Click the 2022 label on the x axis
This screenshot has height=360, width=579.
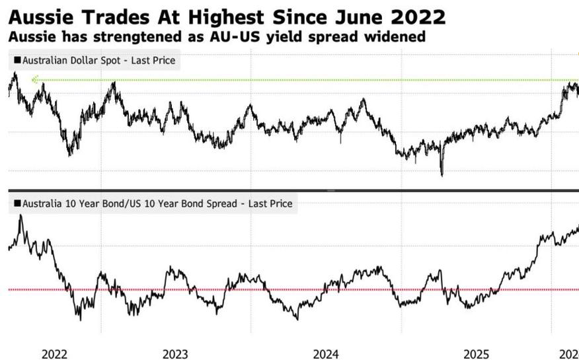click(55, 354)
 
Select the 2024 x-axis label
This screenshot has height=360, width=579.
click(327, 354)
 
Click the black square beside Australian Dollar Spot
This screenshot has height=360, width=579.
click(17, 60)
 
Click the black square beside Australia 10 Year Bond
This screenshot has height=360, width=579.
click(17, 203)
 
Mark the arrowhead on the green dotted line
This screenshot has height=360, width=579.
click(35, 80)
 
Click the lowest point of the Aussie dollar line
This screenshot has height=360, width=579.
click(442, 175)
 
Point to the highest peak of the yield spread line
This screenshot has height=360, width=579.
click(20, 215)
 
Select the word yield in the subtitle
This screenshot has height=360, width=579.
click(288, 37)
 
